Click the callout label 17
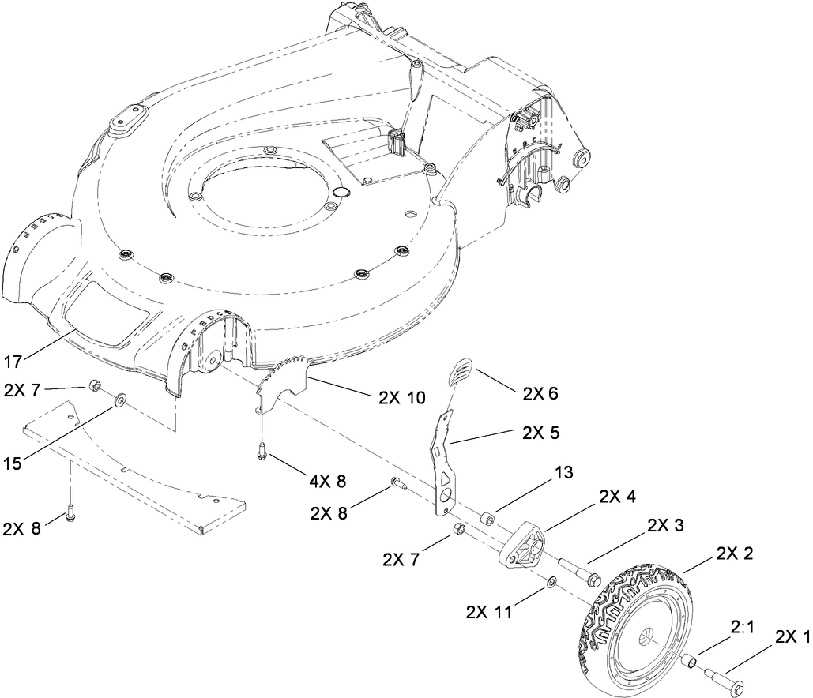tap(13, 362)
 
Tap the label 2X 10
tap(401, 397)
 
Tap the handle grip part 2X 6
tap(461, 371)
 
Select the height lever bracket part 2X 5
tap(445, 466)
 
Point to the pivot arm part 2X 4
tap(522, 546)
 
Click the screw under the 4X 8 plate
tap(261, 452)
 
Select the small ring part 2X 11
tap(551, 584)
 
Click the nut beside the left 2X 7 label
tap(93, 385)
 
